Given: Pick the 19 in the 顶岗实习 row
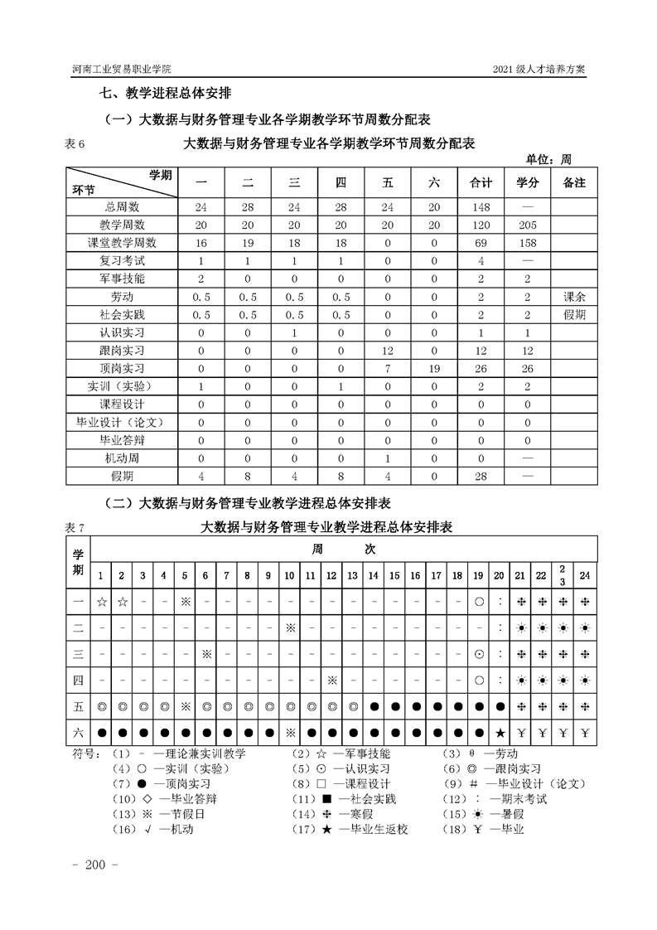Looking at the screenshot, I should (x=433, y=368).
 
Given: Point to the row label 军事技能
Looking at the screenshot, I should (x=122, y=279).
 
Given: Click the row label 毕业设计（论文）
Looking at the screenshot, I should (x=122, y=422).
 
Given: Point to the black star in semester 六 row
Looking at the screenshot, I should (x=500, y=733).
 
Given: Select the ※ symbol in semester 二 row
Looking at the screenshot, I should (x=290, y=627).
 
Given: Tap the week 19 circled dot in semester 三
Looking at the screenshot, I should (x=479, y=654).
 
